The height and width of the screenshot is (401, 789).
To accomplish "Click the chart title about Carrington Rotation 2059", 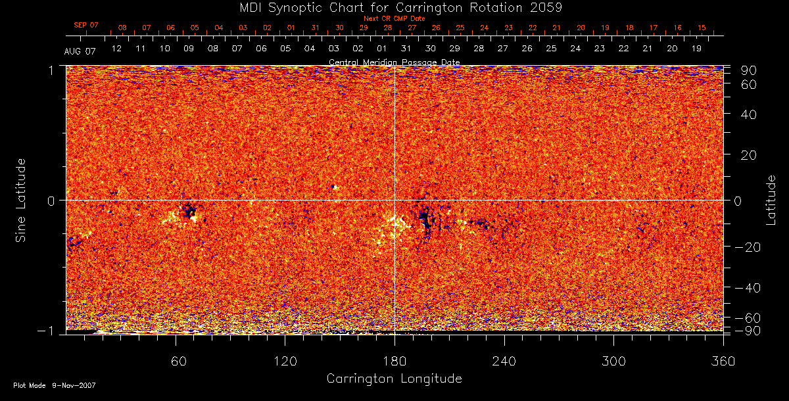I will (x=394, y=7).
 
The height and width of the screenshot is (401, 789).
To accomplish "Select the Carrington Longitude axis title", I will (x=394, y=379).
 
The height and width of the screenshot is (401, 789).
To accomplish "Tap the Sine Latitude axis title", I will (x=21, y=200).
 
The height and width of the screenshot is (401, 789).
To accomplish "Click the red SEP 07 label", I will (x=86, y=25).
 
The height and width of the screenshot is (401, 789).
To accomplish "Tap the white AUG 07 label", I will (x=80, y=51).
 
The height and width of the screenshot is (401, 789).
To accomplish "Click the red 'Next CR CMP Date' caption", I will (x=394, y=18).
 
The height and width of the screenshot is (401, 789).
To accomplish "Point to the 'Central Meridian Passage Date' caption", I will (x=394, y=62).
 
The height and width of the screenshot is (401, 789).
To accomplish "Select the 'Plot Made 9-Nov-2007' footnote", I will (x=55, y=385).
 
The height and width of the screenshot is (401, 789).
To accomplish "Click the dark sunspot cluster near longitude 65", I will (x=189, y=212).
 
